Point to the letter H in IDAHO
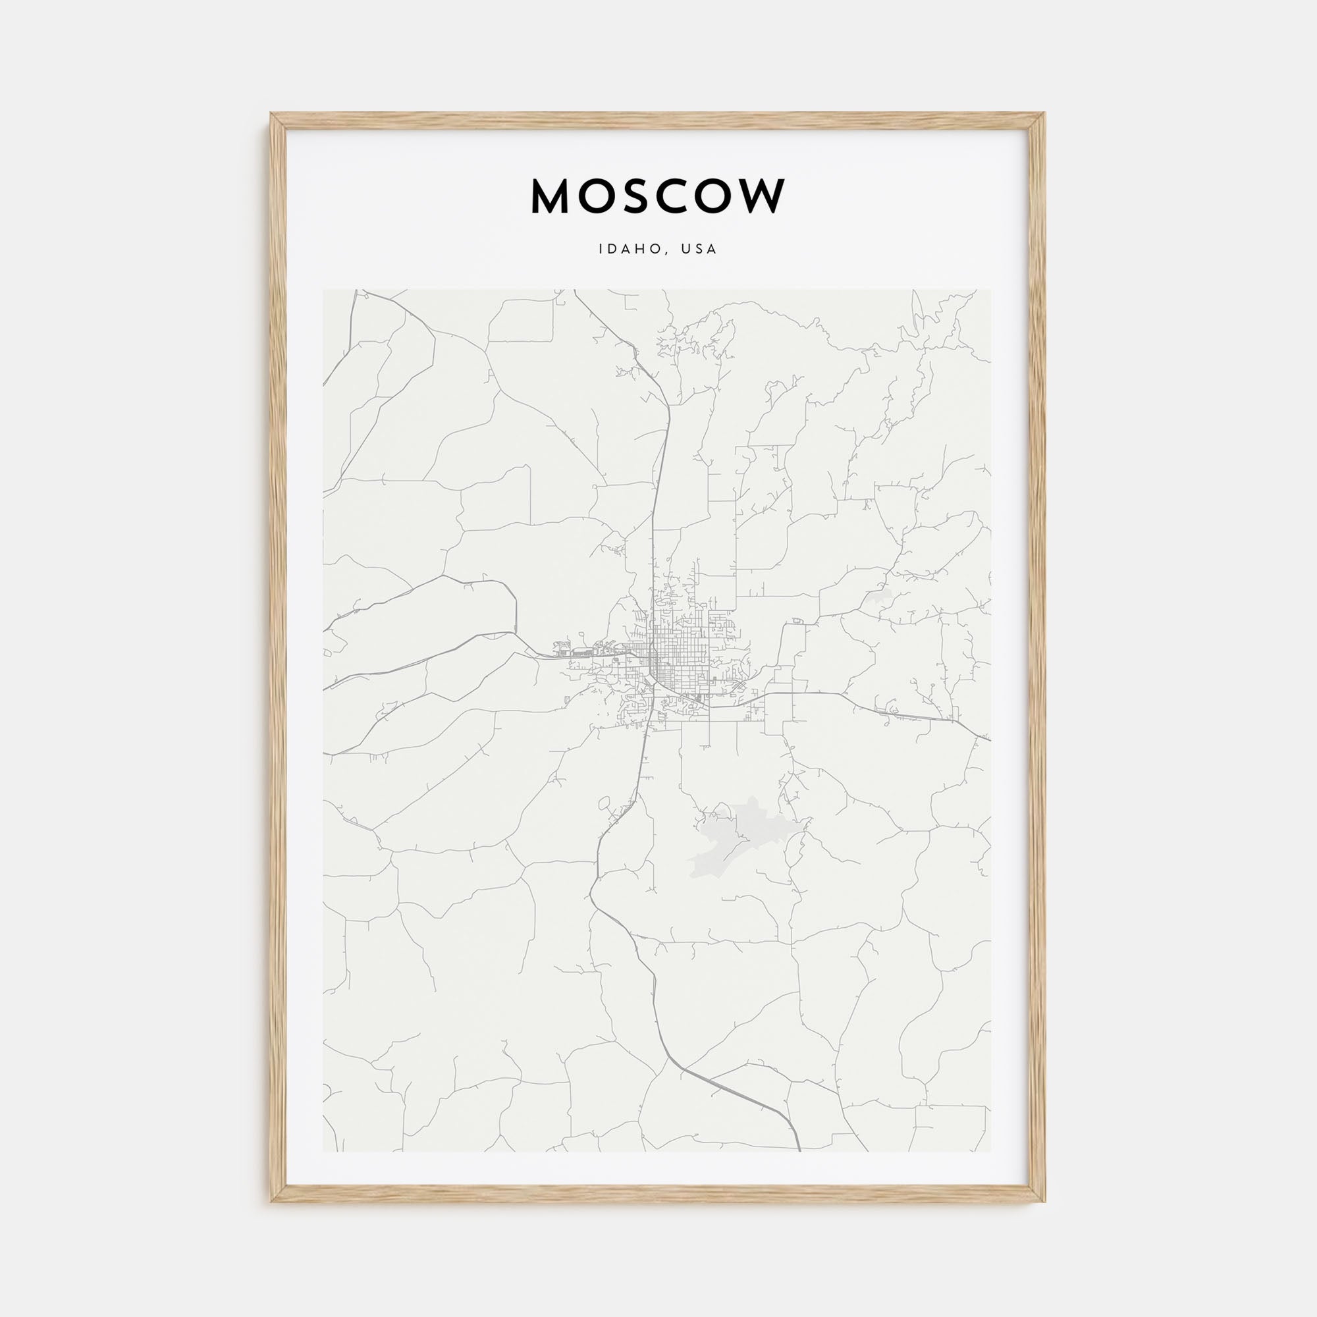641,250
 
